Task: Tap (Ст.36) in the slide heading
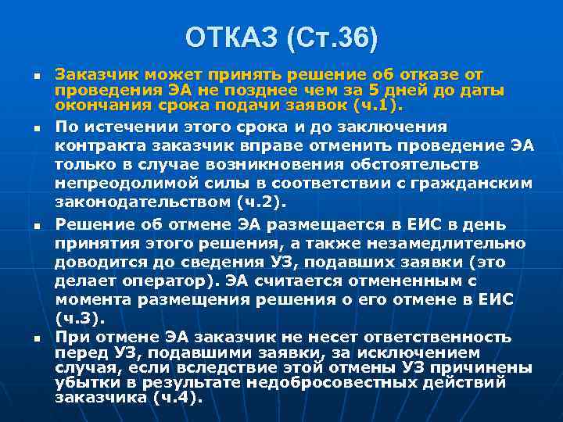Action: [333, 37]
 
